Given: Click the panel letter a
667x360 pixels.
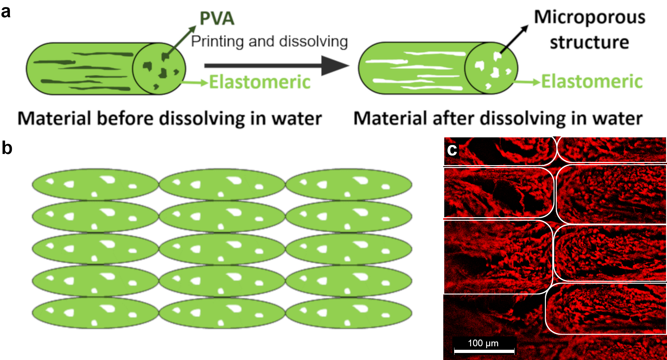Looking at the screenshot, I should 6,12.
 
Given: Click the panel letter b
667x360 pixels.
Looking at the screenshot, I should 7,148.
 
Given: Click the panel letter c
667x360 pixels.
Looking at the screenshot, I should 452,149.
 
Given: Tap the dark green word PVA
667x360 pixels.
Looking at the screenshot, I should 217,18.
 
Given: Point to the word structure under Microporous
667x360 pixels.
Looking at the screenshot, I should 589,42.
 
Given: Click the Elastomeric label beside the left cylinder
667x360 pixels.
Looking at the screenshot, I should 260,82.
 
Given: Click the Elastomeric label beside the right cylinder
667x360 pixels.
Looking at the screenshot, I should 592,81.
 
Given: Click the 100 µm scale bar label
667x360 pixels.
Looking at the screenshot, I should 483,343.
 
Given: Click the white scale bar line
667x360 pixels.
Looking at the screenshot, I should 484,351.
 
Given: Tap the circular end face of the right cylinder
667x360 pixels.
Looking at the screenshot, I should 491,68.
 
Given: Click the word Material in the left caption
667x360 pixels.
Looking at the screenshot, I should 54,119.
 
